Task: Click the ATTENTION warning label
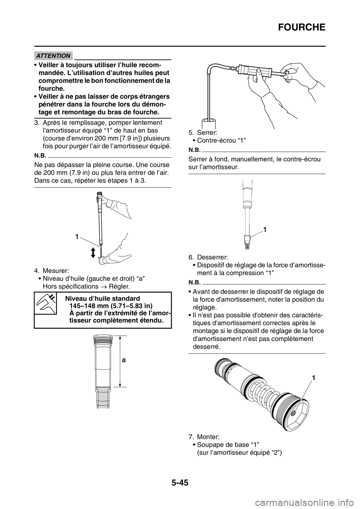[53, 56]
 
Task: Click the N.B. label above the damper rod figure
[41, 154]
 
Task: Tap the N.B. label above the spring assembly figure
[194, 281]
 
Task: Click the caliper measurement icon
[45, 303]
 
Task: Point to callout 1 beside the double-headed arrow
[77, 237]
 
